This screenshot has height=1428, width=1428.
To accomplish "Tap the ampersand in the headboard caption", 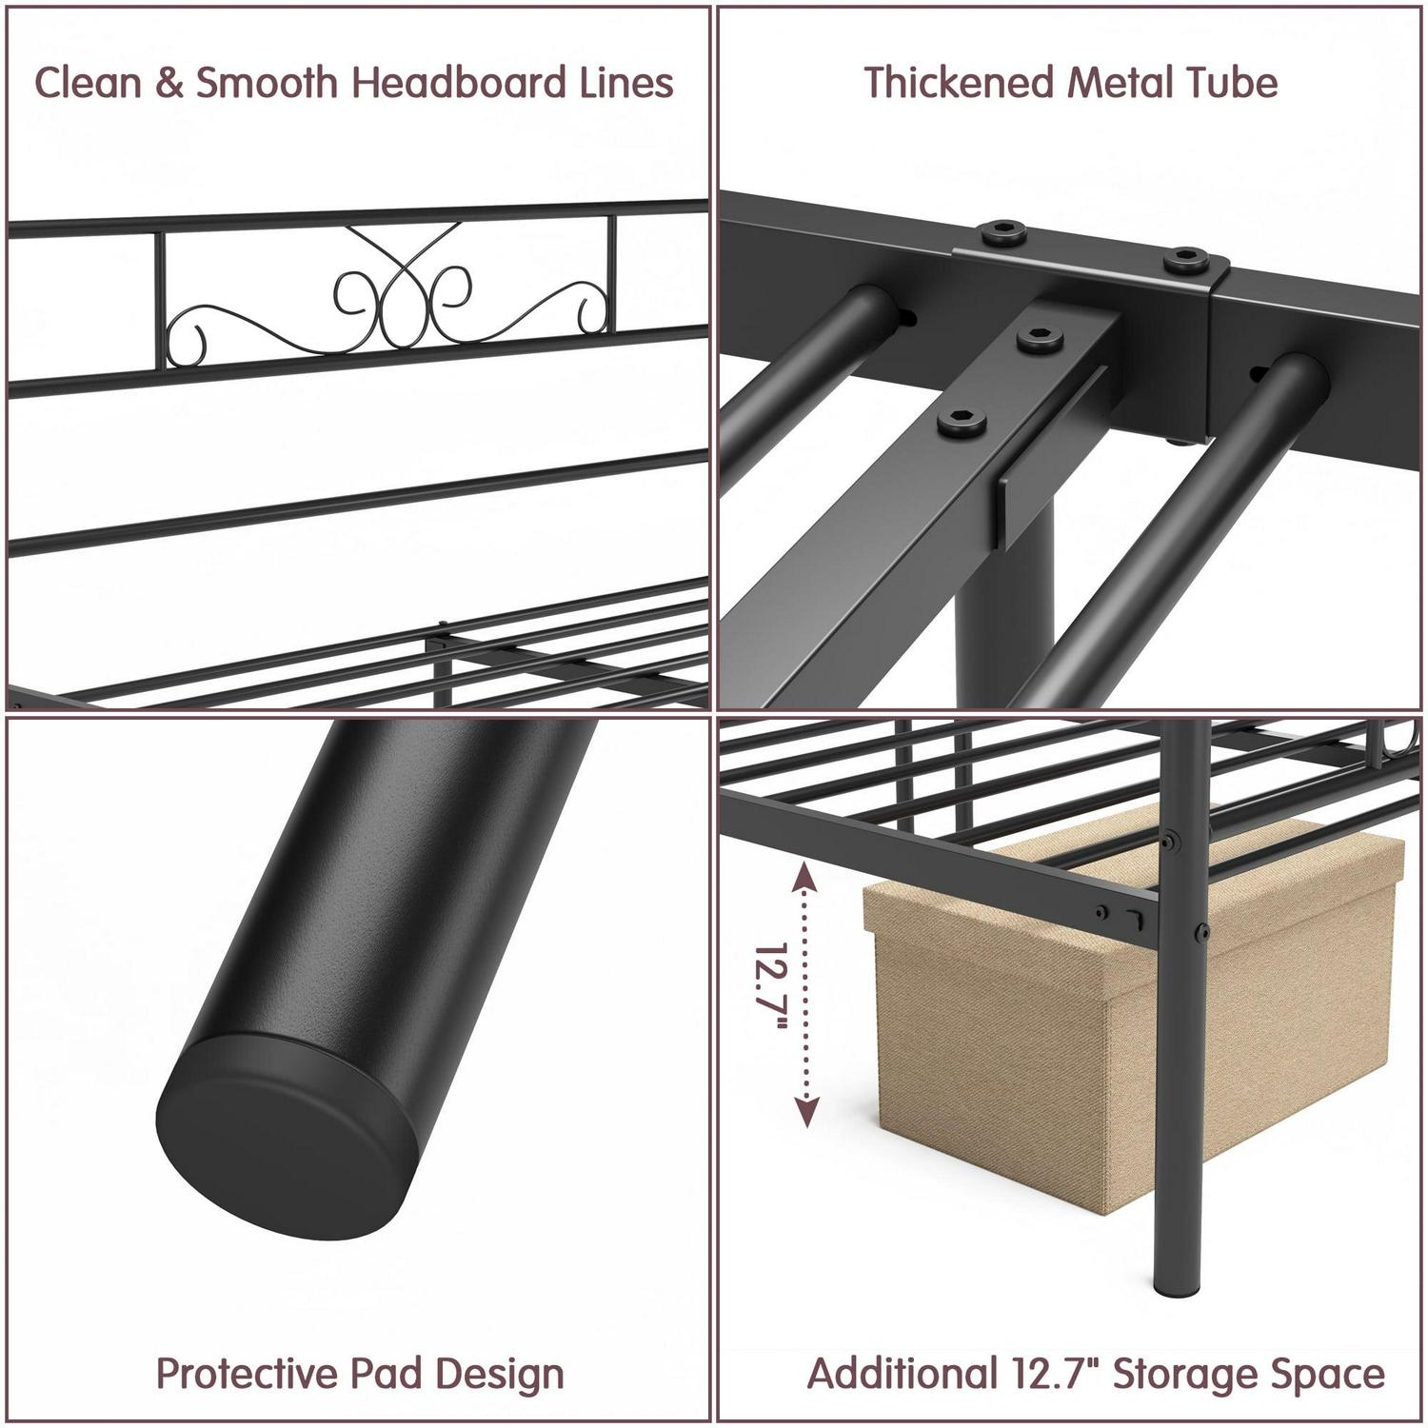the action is pyautogui.click(x=169, y=83).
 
